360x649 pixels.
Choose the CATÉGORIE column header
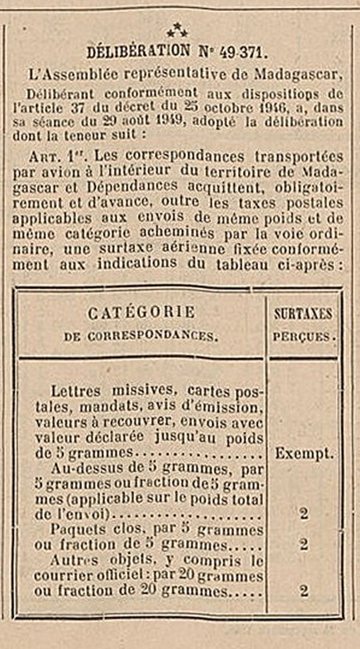(x=141, y=313)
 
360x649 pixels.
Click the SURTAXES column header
(x=303, y=313)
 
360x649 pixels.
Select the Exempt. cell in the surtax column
(x=304, y=454)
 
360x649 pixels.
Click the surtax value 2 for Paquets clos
(x=304, y=545)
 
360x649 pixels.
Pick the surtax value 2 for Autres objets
(x=304, y=591)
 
